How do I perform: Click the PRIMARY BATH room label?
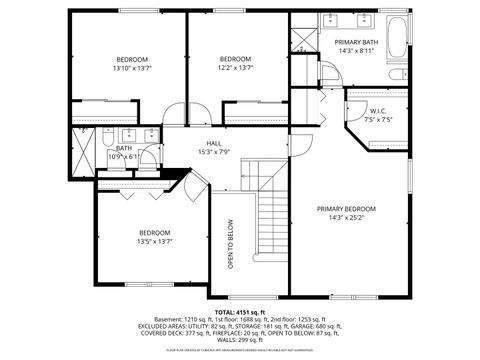point(355,41)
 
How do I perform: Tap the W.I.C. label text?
point(377,111)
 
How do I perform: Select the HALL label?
point(214,143)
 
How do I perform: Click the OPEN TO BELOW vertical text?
point(230,246)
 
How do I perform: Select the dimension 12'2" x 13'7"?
point(236,68)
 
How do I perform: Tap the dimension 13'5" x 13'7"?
point(155,240)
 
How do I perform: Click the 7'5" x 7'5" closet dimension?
point(377,120)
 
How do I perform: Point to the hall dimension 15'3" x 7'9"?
point(214,152)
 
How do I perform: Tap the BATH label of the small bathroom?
point(124,147)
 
